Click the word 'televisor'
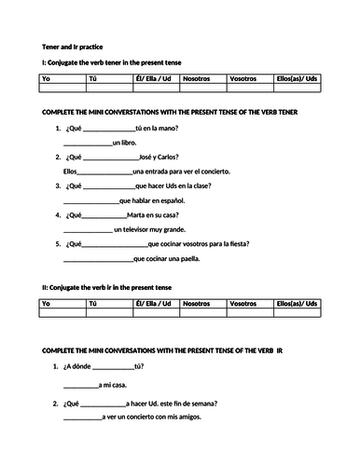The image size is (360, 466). [x=140, y=228]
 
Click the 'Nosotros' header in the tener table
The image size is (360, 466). [x=198, y=80]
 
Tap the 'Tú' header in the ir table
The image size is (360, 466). [x=91, y=303]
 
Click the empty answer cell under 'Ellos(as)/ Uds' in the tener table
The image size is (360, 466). [x=298, y=90]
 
